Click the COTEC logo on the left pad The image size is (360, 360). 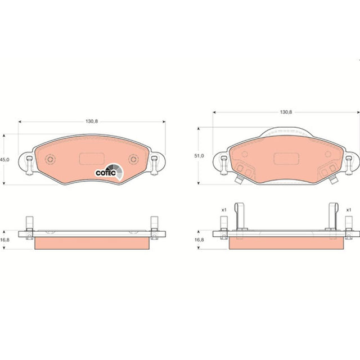(109, 172)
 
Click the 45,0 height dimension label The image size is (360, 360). (4, 160)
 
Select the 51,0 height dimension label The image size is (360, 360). (199, 156)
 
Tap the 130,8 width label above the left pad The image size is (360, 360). (92, 121)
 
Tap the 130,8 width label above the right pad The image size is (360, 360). (286, 112)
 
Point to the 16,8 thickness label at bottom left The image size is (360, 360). (4, 240)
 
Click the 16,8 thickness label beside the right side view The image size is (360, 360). (199, 240)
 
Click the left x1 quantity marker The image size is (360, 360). (224, 210)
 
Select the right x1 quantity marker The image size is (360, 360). (349, 210)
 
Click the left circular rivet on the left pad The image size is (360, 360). (50, 159)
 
